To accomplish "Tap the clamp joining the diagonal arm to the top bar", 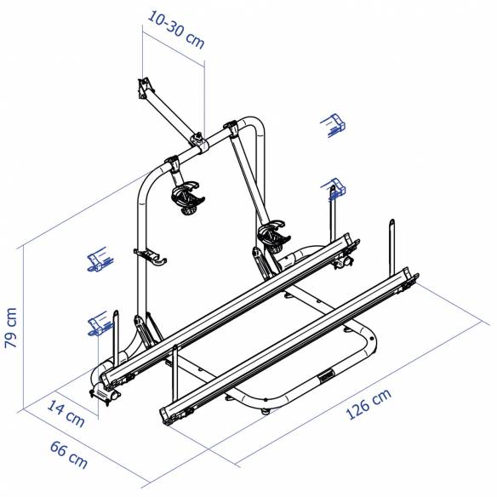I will point(197,141).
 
